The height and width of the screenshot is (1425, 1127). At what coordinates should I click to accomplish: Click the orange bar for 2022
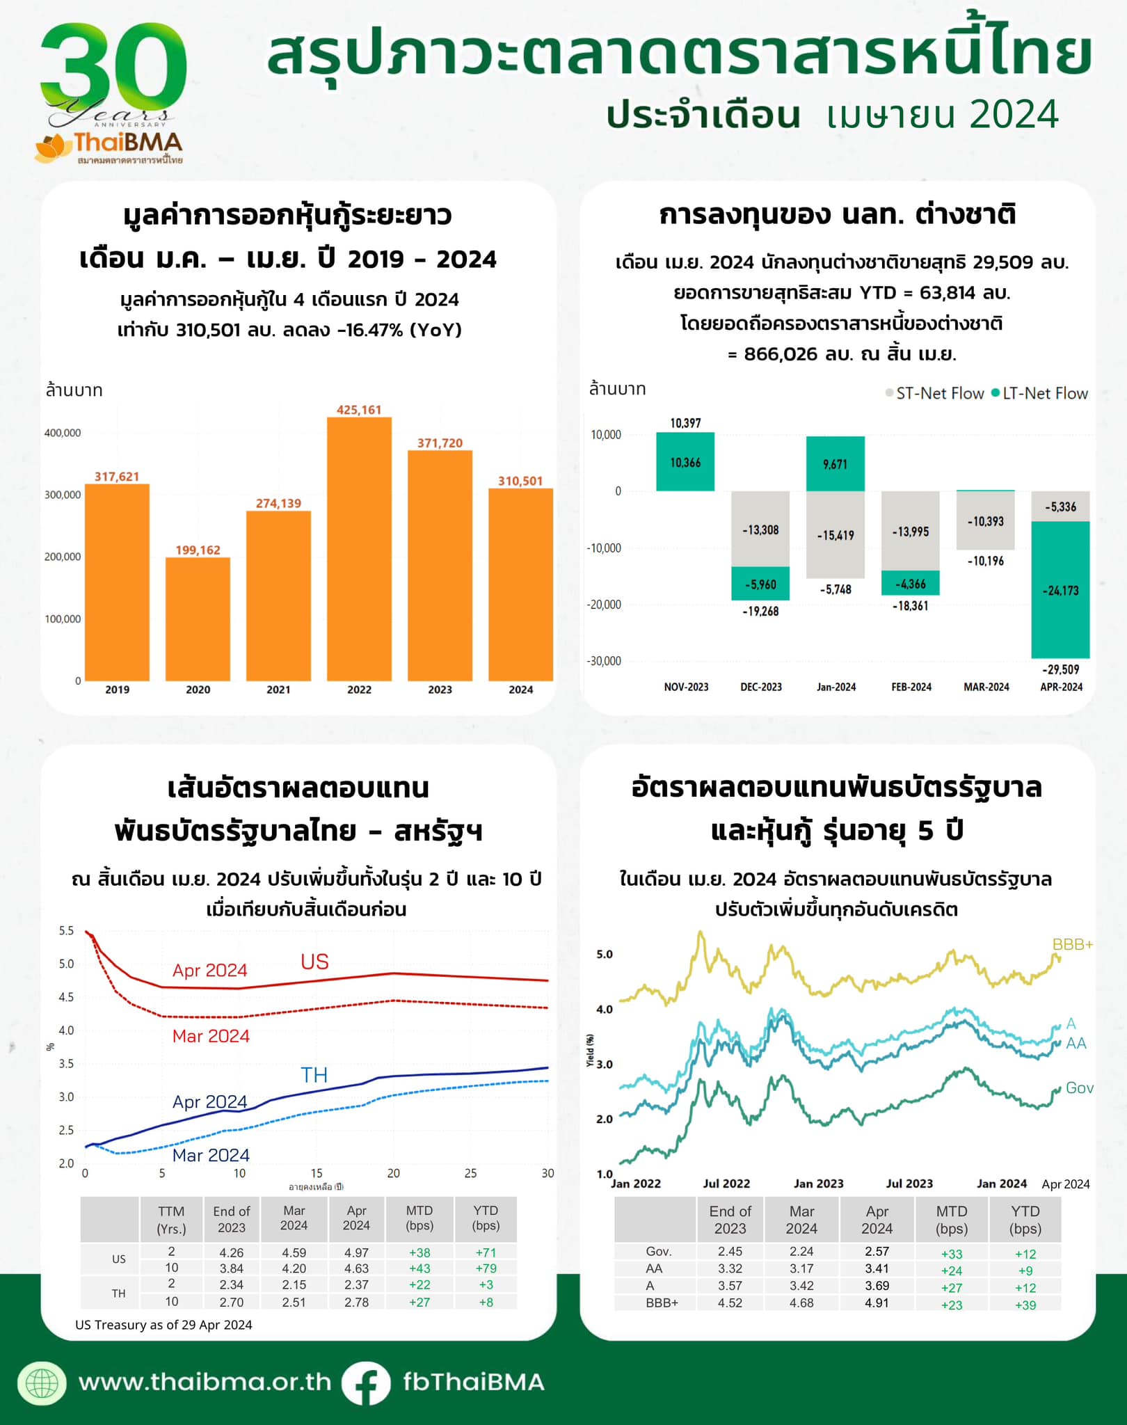pos(359,550)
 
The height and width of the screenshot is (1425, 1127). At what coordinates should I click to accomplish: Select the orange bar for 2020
pos(198,619)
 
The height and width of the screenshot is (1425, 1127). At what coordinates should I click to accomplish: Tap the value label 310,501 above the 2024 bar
pos(520,481)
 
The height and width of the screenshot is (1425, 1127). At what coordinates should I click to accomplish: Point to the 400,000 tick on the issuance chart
pos(63,433)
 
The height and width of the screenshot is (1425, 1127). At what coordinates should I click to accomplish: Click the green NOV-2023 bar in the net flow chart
pos(685,462)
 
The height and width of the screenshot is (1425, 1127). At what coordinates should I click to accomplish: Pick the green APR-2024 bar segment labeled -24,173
pos(1060,590)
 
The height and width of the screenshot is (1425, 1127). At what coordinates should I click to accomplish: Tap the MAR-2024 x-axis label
pos(986,687)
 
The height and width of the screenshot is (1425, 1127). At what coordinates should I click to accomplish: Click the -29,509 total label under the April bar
pos(1060,669)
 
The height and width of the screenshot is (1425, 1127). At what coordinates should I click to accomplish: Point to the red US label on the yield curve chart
pos(314,962)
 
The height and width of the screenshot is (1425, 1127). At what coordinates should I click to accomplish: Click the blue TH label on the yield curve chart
pos(314,1075)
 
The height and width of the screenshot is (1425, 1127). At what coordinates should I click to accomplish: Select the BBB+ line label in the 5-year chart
pos(1072,944)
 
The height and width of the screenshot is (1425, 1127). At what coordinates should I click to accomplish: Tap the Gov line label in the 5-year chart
pos(1079,1088)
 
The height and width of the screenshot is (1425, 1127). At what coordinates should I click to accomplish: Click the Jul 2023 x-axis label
pos(909,1184)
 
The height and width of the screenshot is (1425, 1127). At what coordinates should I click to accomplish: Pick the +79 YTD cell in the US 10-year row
pos(486,1268)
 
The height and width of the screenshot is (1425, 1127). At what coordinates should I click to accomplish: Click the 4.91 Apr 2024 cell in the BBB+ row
pos(877,1303)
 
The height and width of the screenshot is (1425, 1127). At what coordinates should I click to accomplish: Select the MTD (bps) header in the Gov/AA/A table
pos(951,1220)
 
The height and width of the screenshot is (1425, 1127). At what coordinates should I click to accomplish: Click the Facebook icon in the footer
pos(366,1383)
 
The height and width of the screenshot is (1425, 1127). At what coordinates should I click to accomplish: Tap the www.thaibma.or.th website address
pos(205,1382)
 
